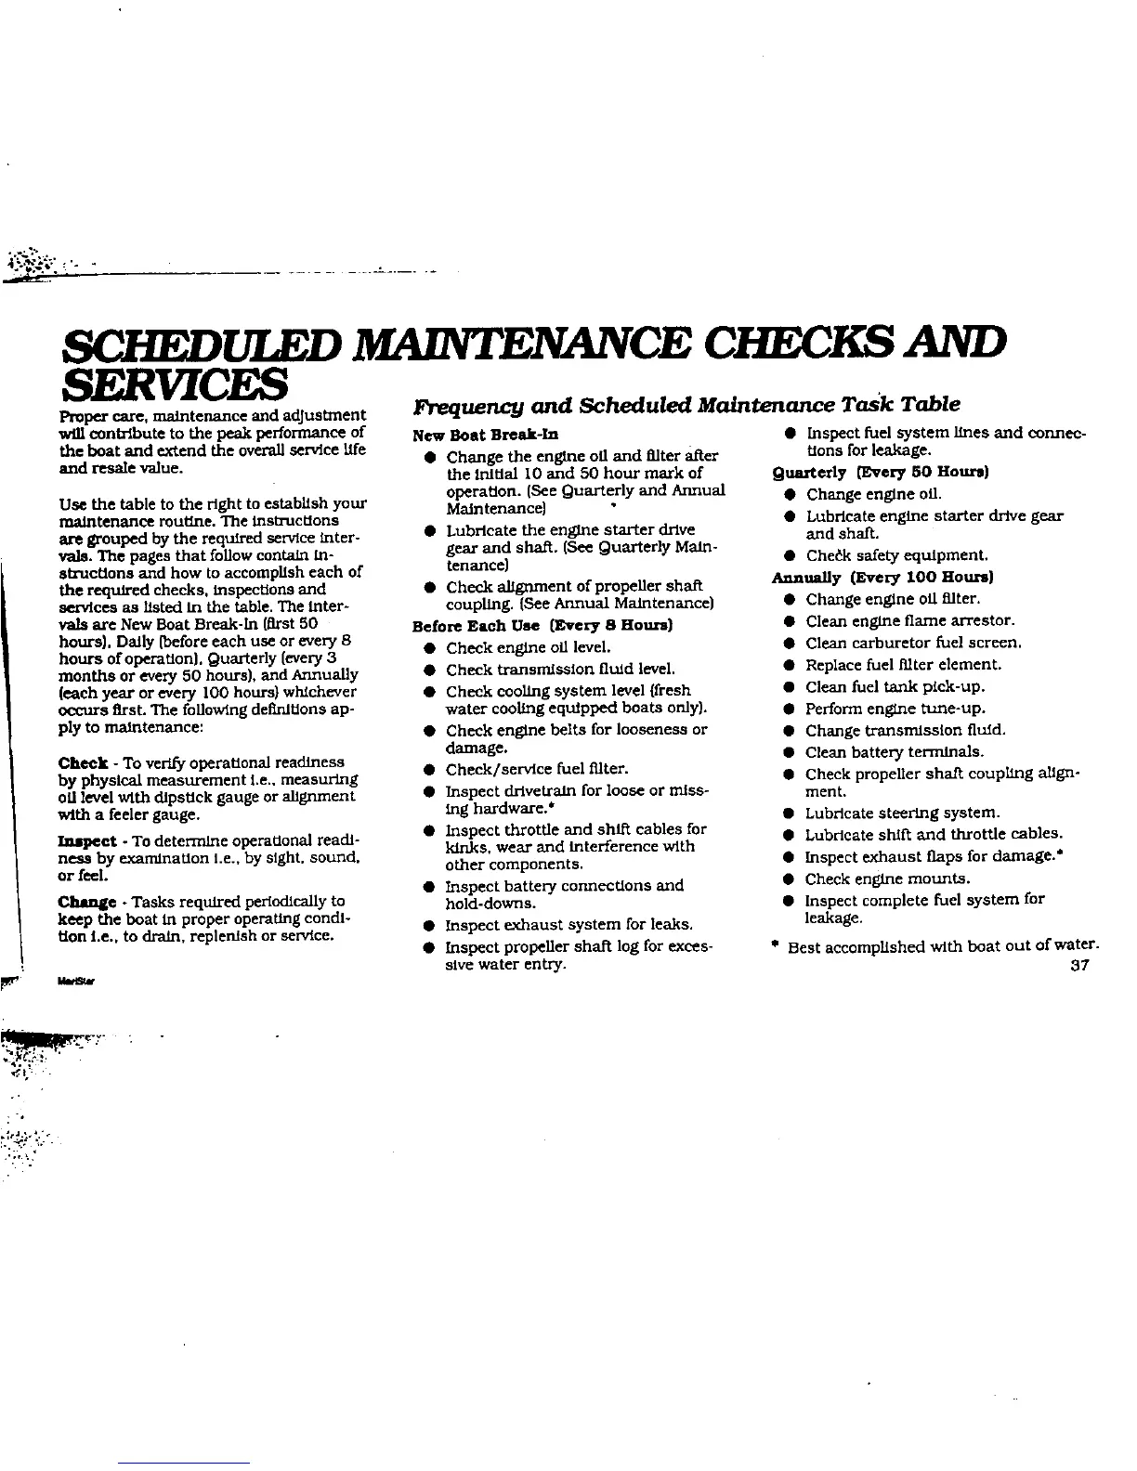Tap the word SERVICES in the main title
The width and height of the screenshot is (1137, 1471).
point(172,380)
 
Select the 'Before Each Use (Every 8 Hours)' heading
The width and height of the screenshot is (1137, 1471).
point(542,626)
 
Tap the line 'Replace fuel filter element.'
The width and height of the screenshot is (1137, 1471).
point(903,665)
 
